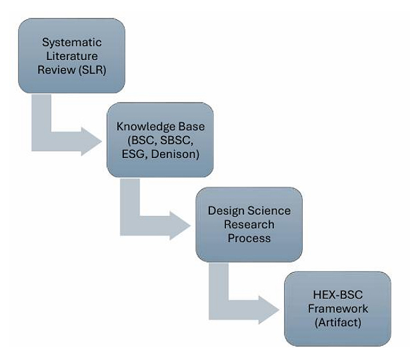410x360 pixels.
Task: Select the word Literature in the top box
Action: click(71, 55)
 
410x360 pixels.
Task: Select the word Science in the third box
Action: click(269, 211)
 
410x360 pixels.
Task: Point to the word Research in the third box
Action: click(249, 225)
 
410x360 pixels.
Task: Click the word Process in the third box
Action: click(249, 239)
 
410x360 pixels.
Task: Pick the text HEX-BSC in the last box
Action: click(337, 295)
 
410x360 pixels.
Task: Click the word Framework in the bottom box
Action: click(337, 309)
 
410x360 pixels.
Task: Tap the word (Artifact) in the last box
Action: click(337, 323)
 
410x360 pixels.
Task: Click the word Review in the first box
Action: click(55, 69)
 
